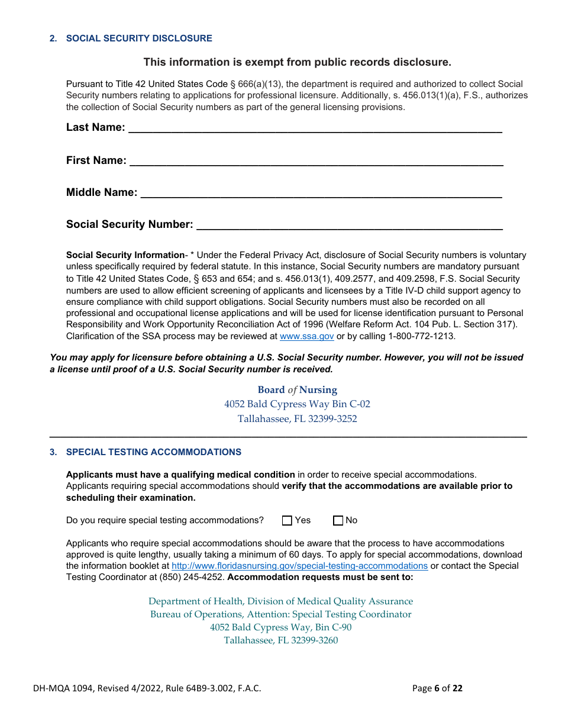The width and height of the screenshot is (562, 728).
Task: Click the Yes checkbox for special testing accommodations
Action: tap(288, 521)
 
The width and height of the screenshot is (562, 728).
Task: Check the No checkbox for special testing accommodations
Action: tap(338, 521)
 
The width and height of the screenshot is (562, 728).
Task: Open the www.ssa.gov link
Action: tap(306, 336)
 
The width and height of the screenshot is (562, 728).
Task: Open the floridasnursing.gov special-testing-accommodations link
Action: tap(299, 566)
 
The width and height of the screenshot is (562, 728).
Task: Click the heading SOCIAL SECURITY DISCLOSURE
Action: tap(139, 38)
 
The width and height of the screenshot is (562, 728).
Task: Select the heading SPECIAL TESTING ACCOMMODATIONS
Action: tap(154, 452)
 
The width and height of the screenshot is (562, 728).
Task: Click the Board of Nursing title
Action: tap(297, 390)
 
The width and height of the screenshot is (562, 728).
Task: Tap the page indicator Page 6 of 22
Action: tap(437, 688)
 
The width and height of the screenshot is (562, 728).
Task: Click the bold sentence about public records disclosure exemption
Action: tap(297, 62)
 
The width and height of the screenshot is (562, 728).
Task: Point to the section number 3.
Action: tap(53, 452)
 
